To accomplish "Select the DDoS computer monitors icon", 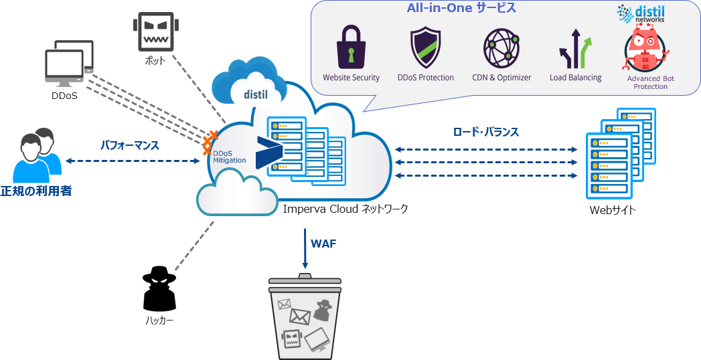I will coord(69,64).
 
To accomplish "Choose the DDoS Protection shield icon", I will coord(425,48).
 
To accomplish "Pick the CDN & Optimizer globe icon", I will coord(501,48).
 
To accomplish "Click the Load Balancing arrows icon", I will coord(575,48).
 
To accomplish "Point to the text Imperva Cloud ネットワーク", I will coord(345,209).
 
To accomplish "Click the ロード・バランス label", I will coord(486,132).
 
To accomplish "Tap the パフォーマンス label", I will coord(130,144).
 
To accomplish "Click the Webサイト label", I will coord(612,210).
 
